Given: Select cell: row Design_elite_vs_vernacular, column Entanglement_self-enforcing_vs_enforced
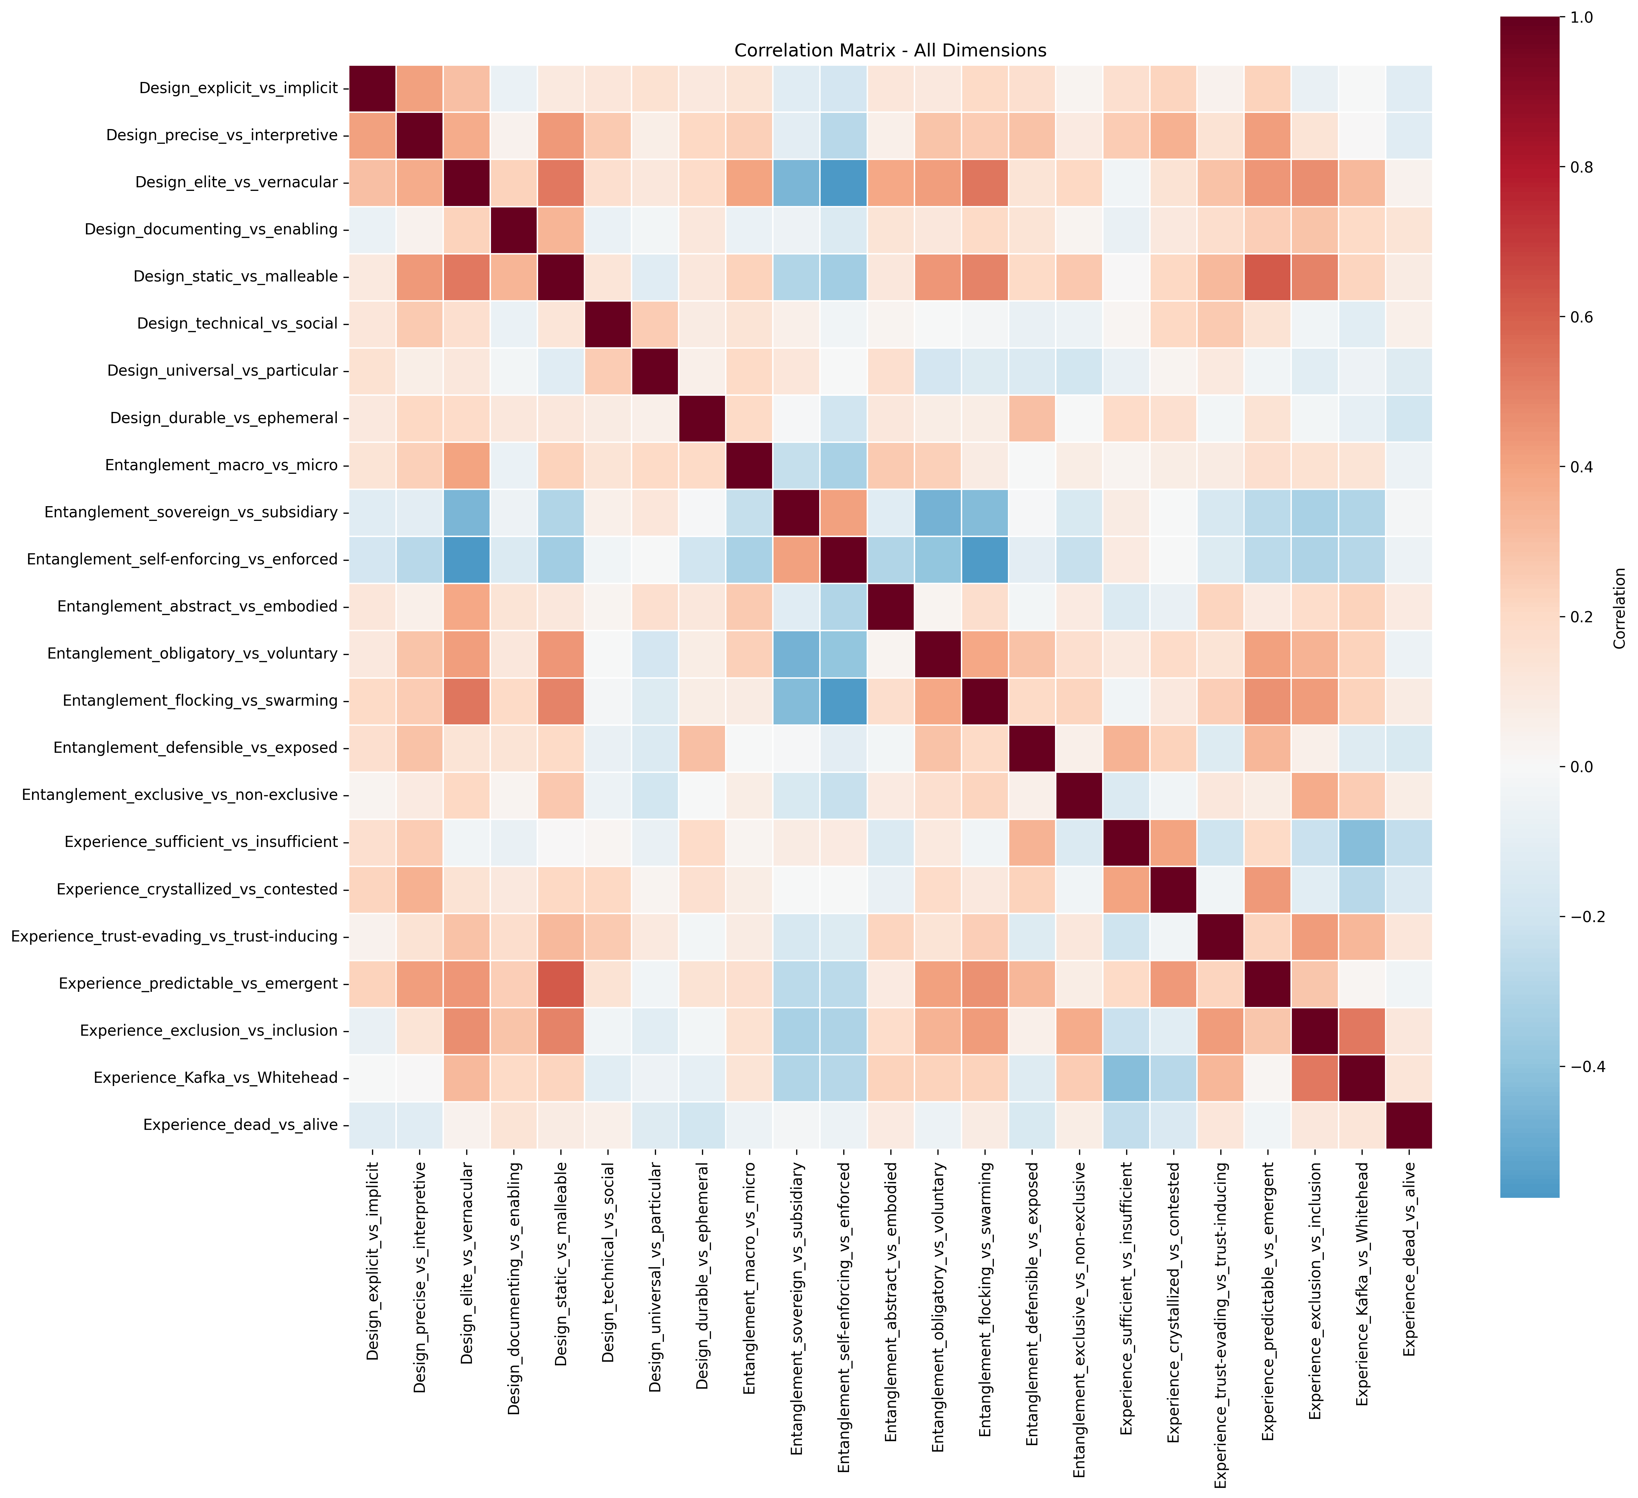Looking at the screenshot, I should [843, 182].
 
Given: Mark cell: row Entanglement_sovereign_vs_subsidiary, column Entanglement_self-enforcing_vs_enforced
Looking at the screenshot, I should [843, 512].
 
